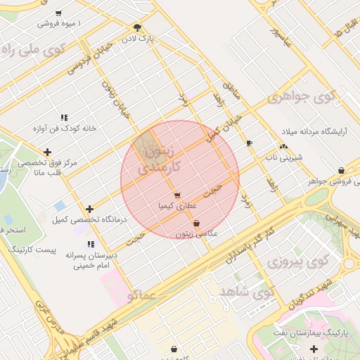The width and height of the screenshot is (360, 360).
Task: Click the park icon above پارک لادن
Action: pos(137,27)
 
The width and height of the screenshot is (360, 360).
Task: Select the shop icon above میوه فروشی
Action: pos(58,13)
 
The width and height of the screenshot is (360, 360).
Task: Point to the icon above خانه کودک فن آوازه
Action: pos(63,117)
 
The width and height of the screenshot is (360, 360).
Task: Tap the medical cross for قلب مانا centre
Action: pos(47,152)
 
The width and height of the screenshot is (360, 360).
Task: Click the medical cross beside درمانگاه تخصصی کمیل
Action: pos(89,209)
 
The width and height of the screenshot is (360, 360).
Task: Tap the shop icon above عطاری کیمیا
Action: pos(176,195)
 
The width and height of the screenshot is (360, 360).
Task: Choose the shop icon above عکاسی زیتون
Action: pos(196,223)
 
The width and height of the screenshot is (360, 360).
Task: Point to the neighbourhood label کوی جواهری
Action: pos(302,96)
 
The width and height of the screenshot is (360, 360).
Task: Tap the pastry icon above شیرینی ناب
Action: pos(283,147)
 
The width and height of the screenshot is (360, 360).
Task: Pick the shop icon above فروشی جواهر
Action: pos(341,170)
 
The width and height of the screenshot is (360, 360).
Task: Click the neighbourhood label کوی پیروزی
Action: pos(298,262)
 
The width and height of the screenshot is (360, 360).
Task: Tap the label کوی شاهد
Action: pos(245,291)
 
